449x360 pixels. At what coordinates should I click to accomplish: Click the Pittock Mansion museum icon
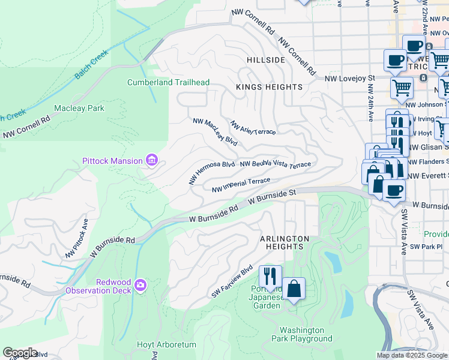tap(152, 160)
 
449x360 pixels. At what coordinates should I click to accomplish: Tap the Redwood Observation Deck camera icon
tap(140, 284)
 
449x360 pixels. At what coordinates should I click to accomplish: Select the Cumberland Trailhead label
tap(167, 82)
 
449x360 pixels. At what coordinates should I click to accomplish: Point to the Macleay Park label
tap(79, 109)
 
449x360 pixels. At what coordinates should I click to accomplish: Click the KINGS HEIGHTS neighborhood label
tap(269, 87)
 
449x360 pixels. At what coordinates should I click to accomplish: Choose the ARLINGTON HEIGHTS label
tap(285, 242)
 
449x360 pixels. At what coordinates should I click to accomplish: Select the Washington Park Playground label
tap(306, 334)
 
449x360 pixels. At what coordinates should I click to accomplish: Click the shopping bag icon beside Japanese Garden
tap(294, 289)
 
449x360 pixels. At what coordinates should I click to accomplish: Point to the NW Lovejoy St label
tap(349, 78)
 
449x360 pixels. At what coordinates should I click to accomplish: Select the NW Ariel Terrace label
tap(253, 127)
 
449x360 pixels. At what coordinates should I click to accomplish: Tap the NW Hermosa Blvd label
tap(211, 172)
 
